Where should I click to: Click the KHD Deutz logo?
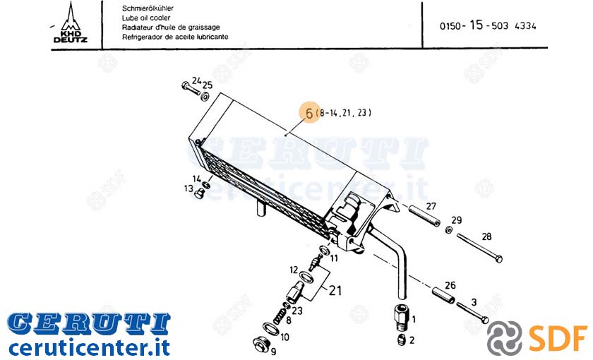click(x=71, y=23)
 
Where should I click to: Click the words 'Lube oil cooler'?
click(x=146, y=18)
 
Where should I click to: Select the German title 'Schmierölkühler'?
click(x=148, y=8)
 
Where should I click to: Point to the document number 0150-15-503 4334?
click(x=488, y=25)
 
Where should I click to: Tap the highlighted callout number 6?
click(x=309, y=113)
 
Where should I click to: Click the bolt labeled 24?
click(x=191, y=88)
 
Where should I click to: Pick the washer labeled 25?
click(x=205, y=97)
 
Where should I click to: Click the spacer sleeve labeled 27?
click(x=423, y=215)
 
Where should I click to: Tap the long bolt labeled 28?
click(x=479, y=248)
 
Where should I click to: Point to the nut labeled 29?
click(x=449, y=229)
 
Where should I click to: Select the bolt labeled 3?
click(x=472, y=313)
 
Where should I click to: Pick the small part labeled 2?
click(x=402, y=340)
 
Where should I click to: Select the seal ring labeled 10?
click(x=271, y=328)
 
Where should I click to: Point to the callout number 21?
click(x=335, y=290)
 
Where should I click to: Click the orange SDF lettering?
click(x=558, y=337)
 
